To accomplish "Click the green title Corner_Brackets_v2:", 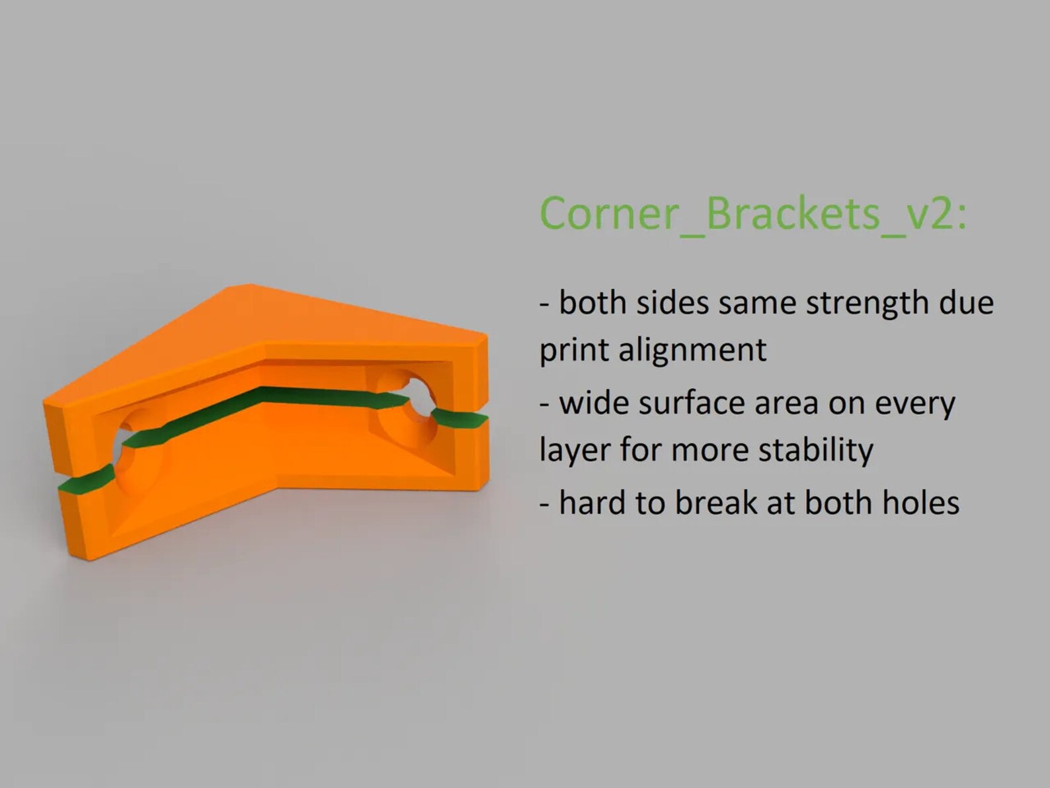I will (x=752, y=213).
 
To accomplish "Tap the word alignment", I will (x=692, y=350).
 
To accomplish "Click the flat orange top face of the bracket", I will (x=264, y=318).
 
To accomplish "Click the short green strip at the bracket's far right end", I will (x=460, y=419).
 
